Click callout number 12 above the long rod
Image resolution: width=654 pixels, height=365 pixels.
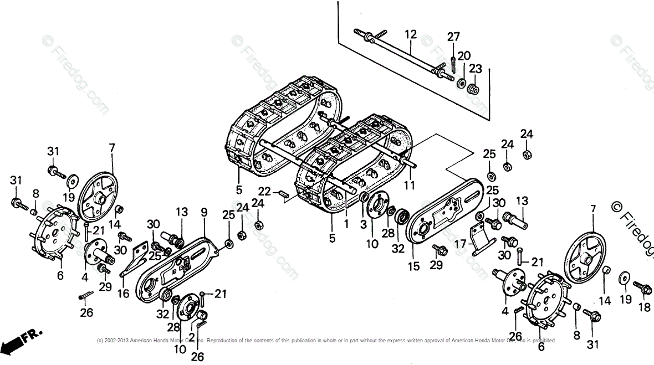[x=410, y=34]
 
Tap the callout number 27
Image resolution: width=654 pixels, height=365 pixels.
[x=453, y=37]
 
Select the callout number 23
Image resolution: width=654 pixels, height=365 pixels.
[x=476, y=69]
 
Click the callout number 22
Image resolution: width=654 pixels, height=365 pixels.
[x=264, y=191]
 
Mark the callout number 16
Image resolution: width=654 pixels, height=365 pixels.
[x=123, y=294]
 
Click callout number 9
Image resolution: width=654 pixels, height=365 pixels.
[x=204, y=212]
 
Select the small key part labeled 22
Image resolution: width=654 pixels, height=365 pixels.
[x=282, y=194]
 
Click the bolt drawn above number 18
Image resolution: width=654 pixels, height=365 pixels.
[x=643, y=288]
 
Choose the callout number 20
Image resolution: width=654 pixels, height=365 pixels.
[x=464, y=55]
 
